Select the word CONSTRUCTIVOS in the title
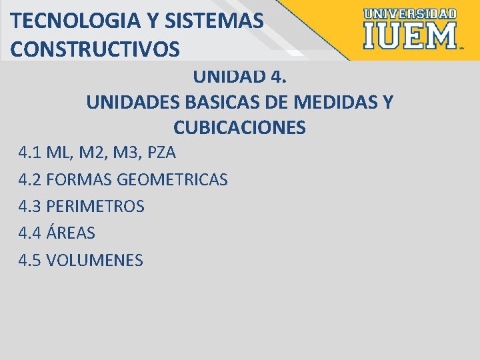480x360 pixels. point(95,49)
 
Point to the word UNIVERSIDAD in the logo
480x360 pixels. point(411,13)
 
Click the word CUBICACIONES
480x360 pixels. point(239,127)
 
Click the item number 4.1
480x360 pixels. point(31,153)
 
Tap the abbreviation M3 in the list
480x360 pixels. point(127,153)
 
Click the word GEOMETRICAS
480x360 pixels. point(172,179)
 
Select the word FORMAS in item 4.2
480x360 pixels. point(80,179)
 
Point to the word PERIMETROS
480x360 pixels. point(95,207)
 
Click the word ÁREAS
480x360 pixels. point(71,233)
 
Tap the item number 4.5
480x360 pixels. point(31,260)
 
